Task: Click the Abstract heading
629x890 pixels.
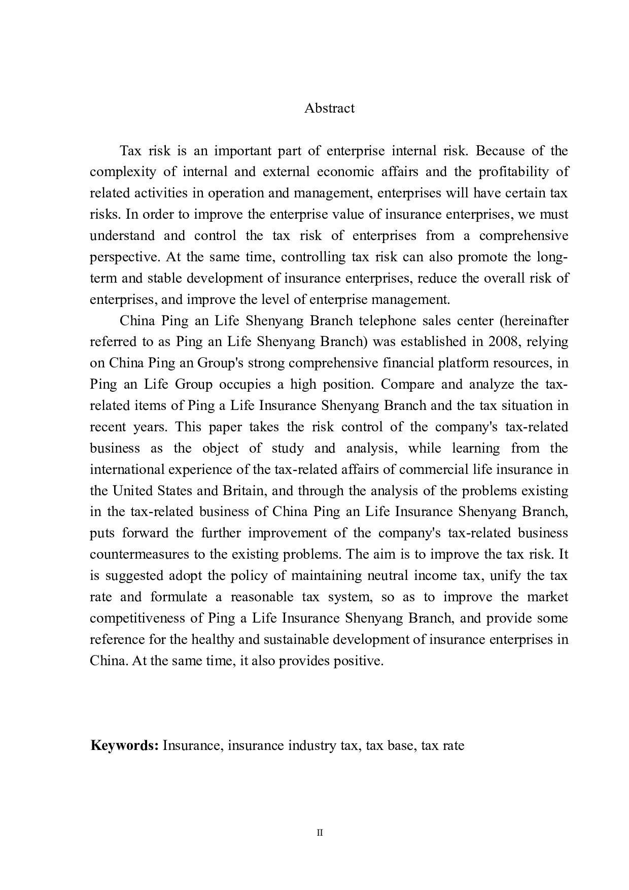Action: pos(329,108)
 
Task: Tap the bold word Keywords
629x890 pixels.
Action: pos(125,745)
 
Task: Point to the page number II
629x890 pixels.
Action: pos(320,833)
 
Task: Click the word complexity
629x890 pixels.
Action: pos(123,172)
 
